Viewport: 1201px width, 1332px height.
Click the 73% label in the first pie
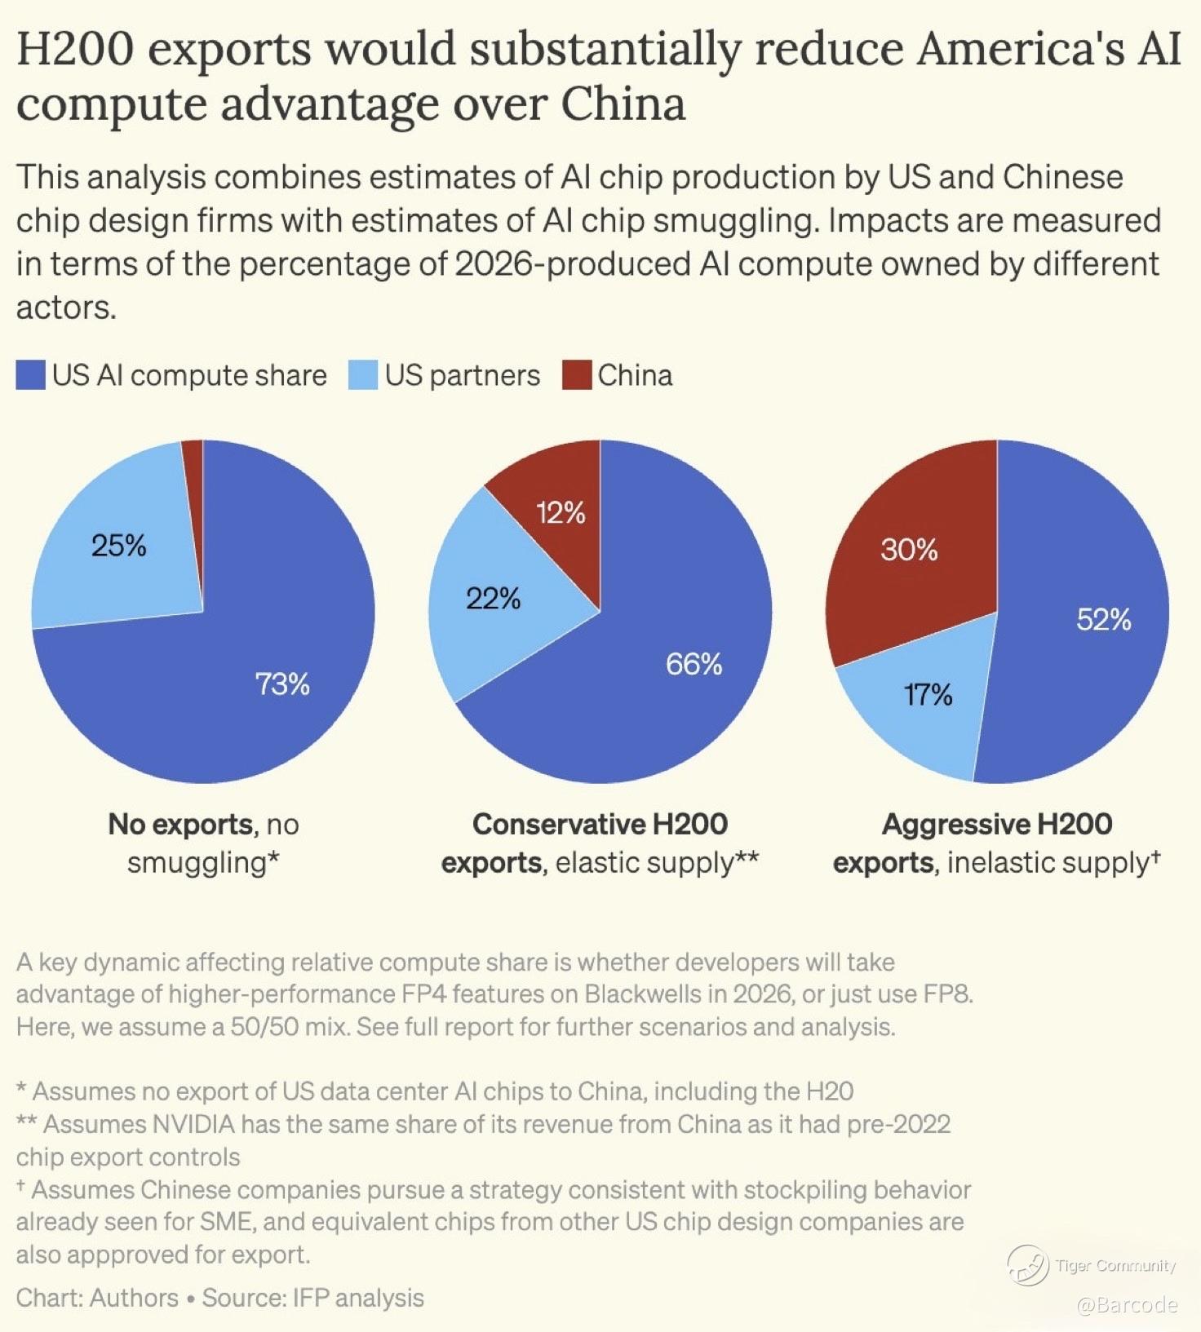[x=282, y=684]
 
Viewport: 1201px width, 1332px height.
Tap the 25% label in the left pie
[x=119, y=545]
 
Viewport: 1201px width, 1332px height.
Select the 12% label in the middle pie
[x=561, y=512]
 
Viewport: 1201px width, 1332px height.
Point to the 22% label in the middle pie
[x=493, y=599]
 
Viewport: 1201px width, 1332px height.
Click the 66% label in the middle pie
[x=694, y=664]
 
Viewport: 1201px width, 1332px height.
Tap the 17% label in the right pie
[x=928, y=694]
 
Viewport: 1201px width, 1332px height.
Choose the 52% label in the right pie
[x=1103, y=619]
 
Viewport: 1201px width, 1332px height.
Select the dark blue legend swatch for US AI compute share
[x=30, y=375]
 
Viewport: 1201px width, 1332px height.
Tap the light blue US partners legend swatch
[x=363, y=375]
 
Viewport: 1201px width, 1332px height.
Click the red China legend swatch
[x=577, y=375]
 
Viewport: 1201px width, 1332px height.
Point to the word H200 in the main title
[x=75, y=49]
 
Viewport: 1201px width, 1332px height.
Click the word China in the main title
[x=623, y=104]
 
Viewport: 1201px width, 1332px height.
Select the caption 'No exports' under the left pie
[x=180, y=824]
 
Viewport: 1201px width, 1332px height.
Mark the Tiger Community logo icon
[x=1028, y=1265]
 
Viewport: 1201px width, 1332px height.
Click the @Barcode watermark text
[x=1127, y=1305]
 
